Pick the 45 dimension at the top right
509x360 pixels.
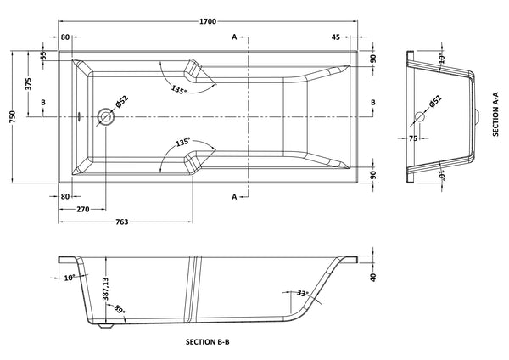(x=336, y=37)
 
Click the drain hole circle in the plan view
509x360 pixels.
(x=106, y=115)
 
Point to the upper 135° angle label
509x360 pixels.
(x=178, y=88)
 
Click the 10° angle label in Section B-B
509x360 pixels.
(x=69, y=276)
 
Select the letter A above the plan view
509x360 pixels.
(x=233, y=37)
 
